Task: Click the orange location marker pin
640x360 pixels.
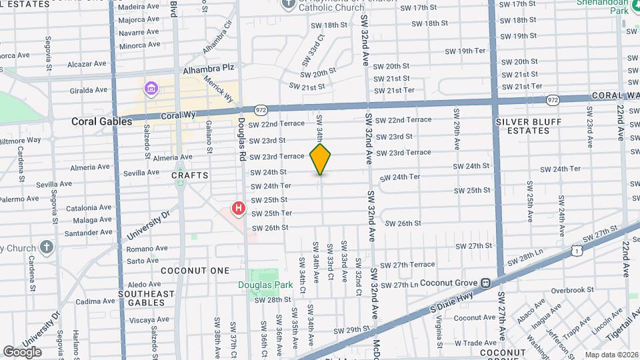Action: point(321,159)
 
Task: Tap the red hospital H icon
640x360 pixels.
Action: point(238,209)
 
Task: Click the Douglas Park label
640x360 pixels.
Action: point(265,285)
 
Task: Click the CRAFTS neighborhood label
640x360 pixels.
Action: point(190,175)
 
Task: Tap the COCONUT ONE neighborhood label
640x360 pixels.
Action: point(195,271)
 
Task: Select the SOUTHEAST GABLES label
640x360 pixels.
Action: point(146,298)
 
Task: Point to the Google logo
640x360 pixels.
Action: point(22,351)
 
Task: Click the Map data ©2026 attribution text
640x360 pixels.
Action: point(611,355)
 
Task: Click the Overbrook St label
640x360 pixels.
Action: point(572,290)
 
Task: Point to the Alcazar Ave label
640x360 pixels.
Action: point(87,64)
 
